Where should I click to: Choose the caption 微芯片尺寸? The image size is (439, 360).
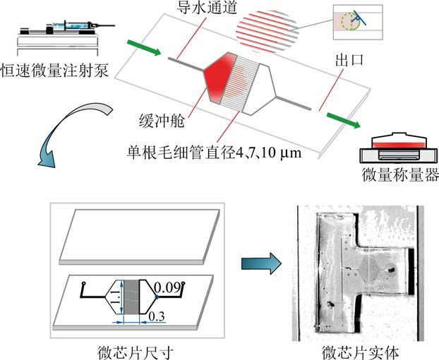click(134, 349)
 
